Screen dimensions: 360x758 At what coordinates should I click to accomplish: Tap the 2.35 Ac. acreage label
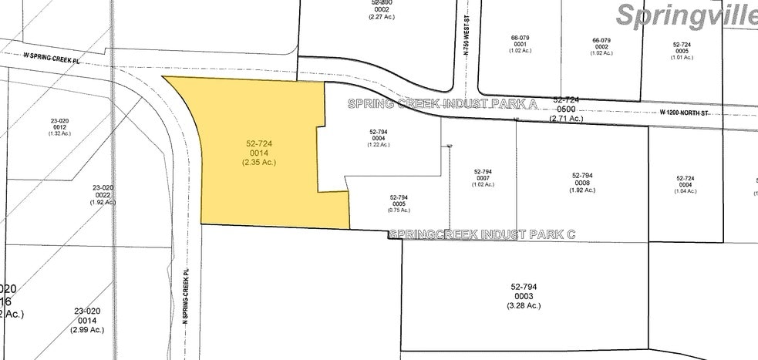point(260,162)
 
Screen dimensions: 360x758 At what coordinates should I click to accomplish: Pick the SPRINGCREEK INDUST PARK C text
point(482,233)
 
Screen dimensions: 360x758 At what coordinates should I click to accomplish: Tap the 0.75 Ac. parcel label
point(399,210)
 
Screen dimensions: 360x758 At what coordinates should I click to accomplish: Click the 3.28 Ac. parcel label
point(524,305)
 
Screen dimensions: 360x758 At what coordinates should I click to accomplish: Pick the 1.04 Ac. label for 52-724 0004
point(685,190)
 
